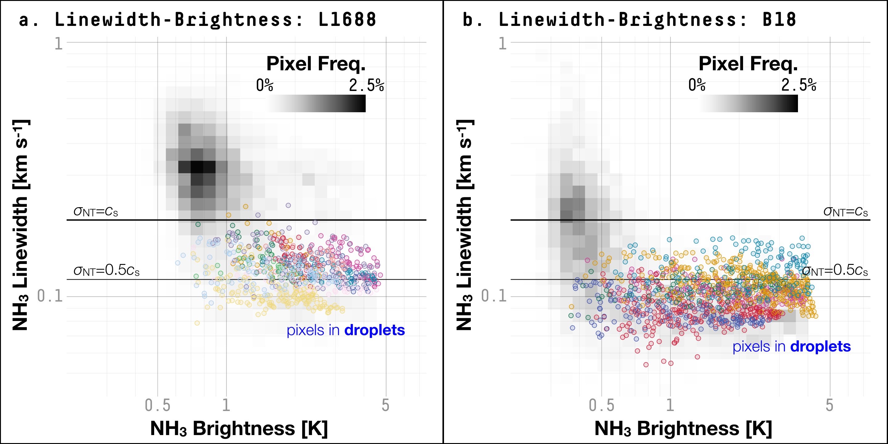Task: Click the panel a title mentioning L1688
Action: (x=198, y=20)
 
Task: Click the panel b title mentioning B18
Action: (x=629, y=20)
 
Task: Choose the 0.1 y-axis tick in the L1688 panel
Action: (x=50, y=296)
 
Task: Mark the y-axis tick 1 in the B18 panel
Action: (x=503, y=44)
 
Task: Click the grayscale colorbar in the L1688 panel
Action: (x=316, y=103)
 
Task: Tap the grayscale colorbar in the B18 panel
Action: (x=748, y=103)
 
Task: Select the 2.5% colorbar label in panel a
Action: (x=366, y=85)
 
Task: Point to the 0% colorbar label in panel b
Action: (x=697, y=85)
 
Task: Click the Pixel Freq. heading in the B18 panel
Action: (x=748, y=64)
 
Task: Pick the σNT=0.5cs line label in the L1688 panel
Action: (x=106, y=271)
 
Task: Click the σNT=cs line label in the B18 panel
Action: (x=845, y=212)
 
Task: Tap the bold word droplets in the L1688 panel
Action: (x=375, y=330)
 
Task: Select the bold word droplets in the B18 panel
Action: (x=820, y=347)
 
